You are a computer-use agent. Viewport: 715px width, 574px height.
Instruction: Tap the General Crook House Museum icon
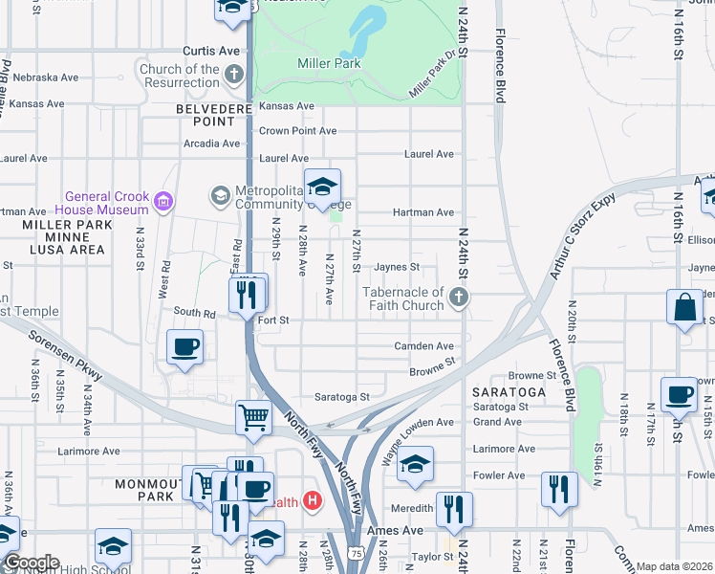(162, 200)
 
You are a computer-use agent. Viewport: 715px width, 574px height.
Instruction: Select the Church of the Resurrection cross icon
(235, 74)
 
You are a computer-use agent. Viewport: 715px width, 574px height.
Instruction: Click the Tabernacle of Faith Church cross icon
(459, 297)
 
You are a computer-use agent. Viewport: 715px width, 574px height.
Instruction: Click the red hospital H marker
(311, 500)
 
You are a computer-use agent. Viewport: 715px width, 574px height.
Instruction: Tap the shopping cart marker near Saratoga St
(253, 416)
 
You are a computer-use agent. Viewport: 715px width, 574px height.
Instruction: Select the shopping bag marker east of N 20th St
(684, 307)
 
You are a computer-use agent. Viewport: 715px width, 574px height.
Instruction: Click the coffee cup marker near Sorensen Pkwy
(185, 346)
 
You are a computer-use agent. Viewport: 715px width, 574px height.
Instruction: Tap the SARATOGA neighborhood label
(509, 392)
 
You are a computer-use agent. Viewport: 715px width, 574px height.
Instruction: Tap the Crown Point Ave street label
(298, 131)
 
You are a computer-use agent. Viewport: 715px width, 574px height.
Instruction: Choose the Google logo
(31, 563)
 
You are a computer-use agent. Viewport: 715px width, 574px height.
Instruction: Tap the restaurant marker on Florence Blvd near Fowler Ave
(559, 489)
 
